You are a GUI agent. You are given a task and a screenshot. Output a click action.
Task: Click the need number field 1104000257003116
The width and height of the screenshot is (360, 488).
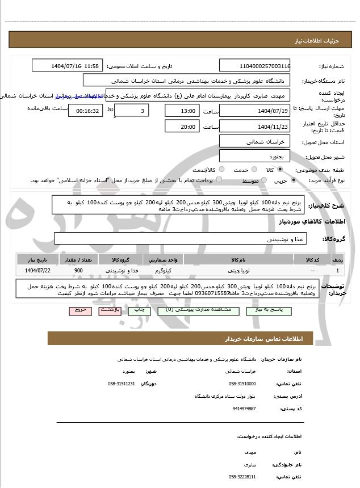pos(255,66)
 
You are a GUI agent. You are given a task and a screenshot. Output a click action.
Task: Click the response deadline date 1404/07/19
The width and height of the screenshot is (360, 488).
pos(255,110)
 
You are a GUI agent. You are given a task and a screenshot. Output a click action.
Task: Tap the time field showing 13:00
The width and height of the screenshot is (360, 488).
pos(182,110)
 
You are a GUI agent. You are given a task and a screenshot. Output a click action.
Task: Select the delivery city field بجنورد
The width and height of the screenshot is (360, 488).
pos(255,155)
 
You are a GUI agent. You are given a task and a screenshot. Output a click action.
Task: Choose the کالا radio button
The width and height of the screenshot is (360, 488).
pos(279,170)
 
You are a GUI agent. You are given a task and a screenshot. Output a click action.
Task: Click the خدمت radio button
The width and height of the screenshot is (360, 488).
pos(253,170)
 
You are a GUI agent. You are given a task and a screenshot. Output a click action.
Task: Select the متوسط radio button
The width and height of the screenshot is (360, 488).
pos(262,180)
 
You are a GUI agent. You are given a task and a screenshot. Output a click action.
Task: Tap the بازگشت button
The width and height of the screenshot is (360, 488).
pos(109,311)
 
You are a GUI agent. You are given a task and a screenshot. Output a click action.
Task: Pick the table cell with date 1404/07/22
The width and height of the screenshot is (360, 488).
pos(37,271)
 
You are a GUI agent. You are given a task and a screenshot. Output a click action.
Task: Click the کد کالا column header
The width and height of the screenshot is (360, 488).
pos(313,259)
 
